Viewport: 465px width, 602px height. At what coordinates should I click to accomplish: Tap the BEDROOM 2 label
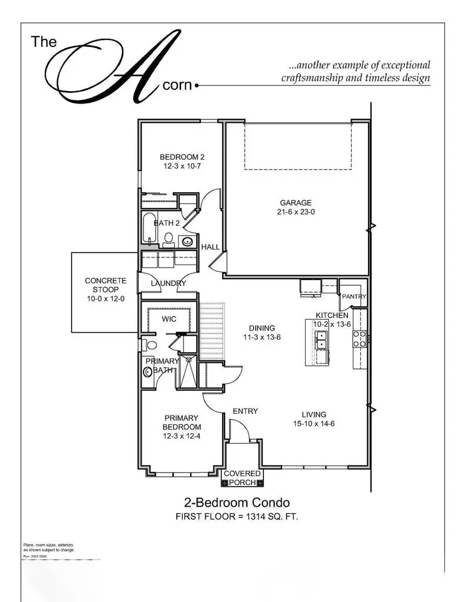(182, 157)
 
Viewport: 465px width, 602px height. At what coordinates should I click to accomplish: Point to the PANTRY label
(354, 297)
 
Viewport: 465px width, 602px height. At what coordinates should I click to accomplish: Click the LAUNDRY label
(168, 283)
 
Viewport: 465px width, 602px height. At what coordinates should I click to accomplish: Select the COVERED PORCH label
(240, 478)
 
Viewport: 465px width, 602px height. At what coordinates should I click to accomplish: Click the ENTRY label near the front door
(245, 411)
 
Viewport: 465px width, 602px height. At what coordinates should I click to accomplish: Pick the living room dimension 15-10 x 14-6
(315, 424)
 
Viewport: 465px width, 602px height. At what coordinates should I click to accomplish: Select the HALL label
(210, 247)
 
